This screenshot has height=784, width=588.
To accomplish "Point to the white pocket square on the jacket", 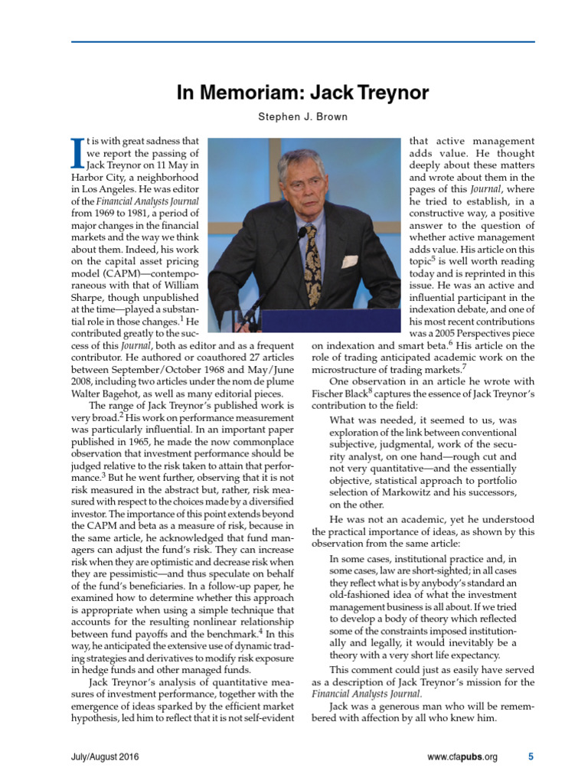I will click(x=349, y=261).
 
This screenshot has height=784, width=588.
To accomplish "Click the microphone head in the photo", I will click(x=302, y=231).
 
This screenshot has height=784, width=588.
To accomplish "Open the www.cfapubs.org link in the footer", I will click(x=462, y=757).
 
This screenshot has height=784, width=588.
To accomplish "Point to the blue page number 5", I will click(x=531, y=757).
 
